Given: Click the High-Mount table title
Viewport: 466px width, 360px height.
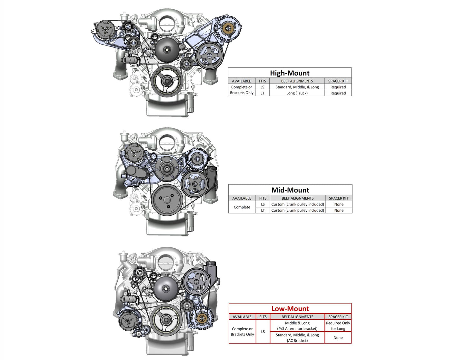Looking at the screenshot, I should pos(290,73).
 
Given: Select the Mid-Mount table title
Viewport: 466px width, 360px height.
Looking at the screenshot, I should pos(290,190).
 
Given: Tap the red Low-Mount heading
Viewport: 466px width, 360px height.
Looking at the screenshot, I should pos(290,309).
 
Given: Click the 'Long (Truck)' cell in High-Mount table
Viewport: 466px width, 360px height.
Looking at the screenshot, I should pos(297,93).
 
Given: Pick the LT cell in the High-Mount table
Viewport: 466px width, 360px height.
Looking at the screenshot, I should pos(262,93).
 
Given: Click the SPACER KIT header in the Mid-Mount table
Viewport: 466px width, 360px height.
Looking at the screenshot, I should pos(339,198).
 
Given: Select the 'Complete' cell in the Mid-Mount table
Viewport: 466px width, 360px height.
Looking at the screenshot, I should pos(242,207).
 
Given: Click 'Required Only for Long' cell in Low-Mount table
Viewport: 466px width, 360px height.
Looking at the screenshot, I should pos(338,326).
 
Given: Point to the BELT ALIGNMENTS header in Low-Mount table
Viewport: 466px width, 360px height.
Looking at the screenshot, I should pos(297,317).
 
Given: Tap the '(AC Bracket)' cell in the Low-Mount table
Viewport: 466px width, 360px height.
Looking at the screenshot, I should pos(297,338).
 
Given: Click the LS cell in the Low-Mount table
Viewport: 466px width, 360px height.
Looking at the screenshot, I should pos(263,332).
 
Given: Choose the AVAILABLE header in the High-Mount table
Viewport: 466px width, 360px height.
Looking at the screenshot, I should pos(241,81).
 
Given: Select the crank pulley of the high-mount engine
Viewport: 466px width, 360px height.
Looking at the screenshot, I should pos(166,81).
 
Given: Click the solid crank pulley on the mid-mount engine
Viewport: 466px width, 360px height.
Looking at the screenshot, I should pos(167,199).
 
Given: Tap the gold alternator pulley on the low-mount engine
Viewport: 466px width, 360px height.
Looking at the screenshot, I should pos(202,318).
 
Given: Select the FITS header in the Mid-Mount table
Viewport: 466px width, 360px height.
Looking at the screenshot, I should pos(263,198).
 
